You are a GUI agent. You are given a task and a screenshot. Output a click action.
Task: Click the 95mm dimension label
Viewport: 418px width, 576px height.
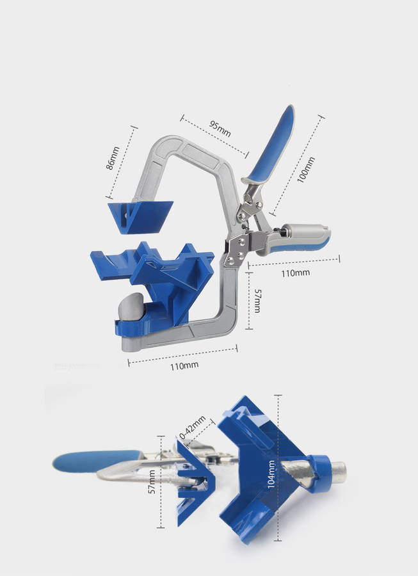(220, 128)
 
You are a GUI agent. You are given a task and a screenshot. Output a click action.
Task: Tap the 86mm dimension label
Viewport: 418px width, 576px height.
(113, 158)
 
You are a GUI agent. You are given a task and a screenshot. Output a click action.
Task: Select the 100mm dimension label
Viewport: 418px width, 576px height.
(306, 170)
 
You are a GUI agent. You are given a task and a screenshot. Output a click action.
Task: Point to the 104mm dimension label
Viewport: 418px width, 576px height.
(271, 474)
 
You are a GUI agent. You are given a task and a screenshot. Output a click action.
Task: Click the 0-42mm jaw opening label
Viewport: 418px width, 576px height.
(193, 428)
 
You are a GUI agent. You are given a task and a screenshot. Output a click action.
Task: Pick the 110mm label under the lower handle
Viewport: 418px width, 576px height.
(295, 273)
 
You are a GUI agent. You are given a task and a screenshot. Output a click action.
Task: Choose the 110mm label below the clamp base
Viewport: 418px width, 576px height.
(184, 366)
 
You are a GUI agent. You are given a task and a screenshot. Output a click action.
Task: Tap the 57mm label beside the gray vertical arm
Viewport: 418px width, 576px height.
(258, 301)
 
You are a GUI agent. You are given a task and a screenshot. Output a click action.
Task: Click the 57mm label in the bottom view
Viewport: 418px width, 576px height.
(151, 481)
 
